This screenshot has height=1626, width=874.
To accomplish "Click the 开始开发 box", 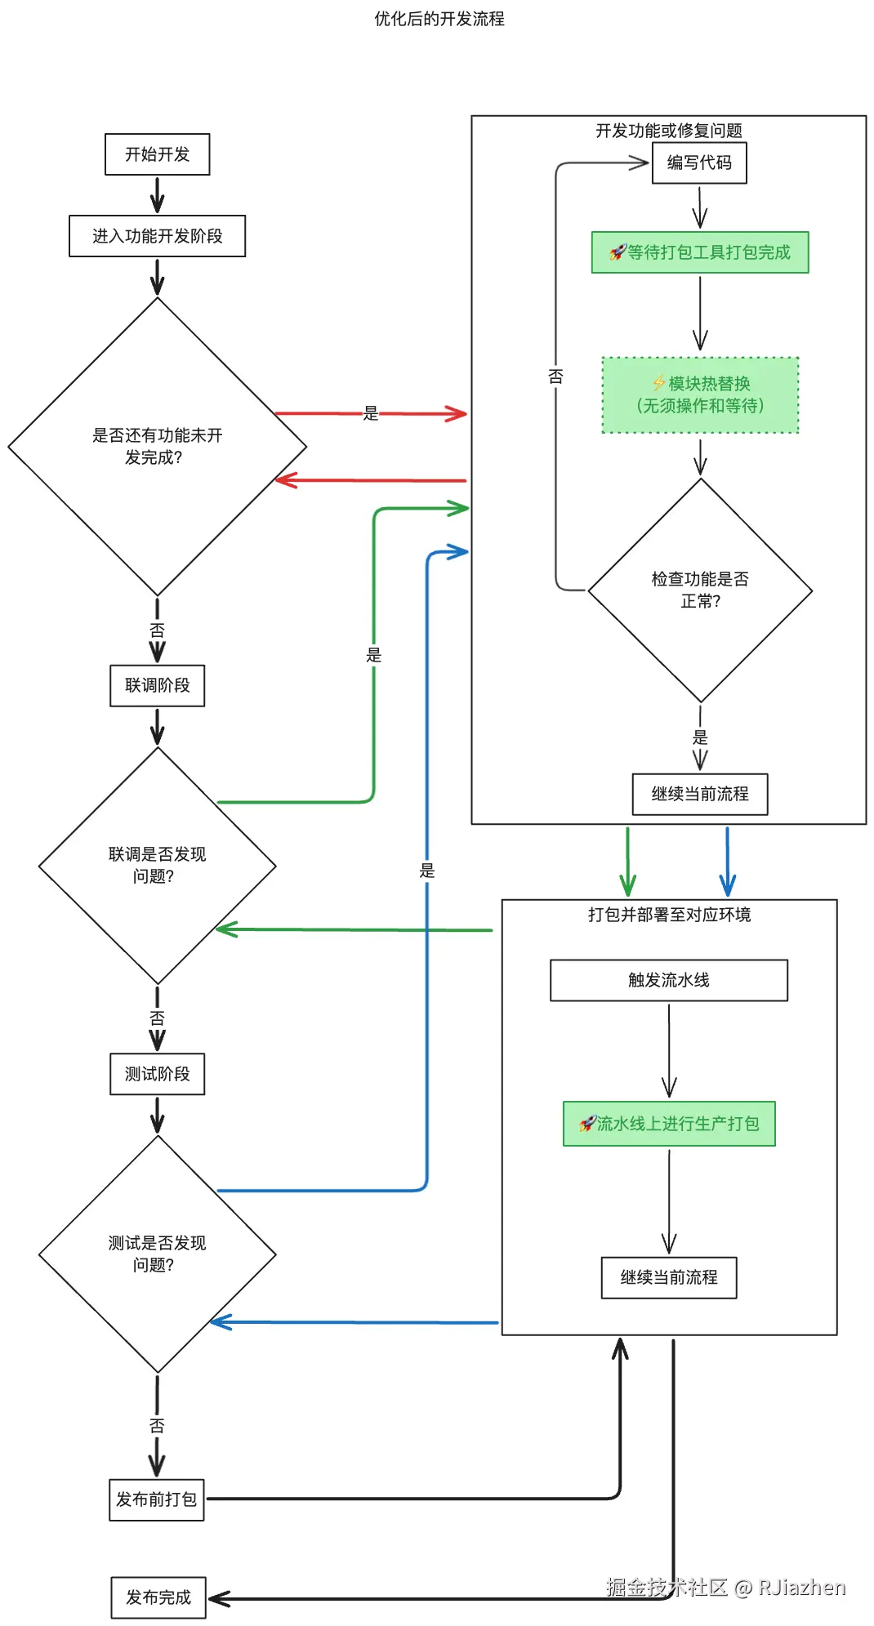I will [157, 154].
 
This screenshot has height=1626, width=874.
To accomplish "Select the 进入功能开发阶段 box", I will [157, 236].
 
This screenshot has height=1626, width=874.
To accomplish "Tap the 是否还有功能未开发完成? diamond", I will [157, 446].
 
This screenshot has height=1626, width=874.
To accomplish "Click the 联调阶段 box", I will [157, 685].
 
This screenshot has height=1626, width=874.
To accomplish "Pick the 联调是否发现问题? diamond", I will [157, 865].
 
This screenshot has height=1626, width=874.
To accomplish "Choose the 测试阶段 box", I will [157, 1074].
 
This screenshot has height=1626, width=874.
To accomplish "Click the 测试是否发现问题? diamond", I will [157, 1254].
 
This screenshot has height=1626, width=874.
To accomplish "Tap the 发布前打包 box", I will [156, 1499].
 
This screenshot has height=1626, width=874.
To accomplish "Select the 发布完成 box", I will [158, 1597].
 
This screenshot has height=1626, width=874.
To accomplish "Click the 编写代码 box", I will [699, 163].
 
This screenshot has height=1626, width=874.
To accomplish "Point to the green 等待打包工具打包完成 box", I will [700, 252].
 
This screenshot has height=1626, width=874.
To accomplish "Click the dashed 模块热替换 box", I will [700, 394].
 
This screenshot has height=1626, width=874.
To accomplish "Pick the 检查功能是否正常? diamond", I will [700, 590].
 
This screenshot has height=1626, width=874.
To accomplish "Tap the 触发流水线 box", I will [668, 980].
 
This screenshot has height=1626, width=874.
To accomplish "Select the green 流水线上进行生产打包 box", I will [668, 1124].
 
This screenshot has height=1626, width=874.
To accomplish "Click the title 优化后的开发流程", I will [439, 19].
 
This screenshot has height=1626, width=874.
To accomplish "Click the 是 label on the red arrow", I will [371, 413].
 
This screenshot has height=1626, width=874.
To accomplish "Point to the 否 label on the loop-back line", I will [555, 376].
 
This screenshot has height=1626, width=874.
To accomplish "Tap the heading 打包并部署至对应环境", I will [668, 915].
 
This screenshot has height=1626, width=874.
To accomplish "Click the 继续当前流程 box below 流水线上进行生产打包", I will [668, 1277].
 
